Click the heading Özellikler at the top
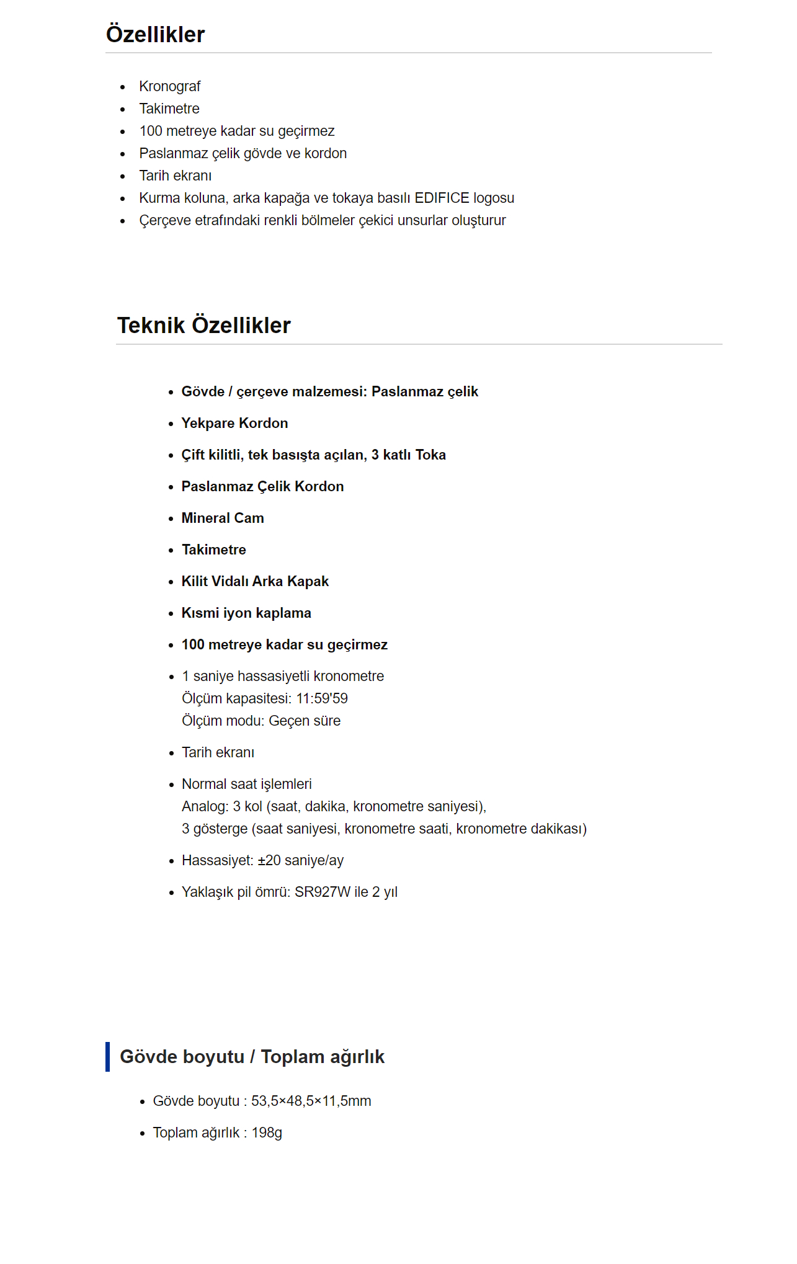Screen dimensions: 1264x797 click(x=155, y=35)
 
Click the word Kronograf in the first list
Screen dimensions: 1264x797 click(x=169, y=86)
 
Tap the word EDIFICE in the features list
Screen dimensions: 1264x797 click(x=442, y=198)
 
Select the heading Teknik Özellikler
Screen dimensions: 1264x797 click(x=203, y=326)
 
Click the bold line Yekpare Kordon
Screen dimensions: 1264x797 click(x=234, y=423)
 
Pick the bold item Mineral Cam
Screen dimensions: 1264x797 click(x=223, y=518)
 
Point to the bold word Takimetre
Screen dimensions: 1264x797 click(x=213, y=550)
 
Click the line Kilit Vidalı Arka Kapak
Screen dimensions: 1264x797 click(x=255, y=581)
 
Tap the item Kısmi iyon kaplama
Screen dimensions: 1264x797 click(x=246, y=613)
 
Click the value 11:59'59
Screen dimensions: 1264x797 click(x=322, y=698)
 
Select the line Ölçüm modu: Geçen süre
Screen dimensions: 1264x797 click(x=261, y=721)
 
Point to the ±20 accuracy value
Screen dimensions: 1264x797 click(x=269, y=860)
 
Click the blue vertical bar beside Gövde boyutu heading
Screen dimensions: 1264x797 click(x=108, y=1056)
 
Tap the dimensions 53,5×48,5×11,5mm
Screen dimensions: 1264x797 click(x=311, y=1101)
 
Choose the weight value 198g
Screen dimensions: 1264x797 click(x=267, y=1133)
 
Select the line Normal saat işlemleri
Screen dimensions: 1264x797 click(x=246, y=784)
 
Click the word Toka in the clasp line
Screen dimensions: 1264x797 click(x=430, y=455)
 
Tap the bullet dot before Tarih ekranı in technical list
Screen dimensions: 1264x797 click(x=172, y=753)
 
